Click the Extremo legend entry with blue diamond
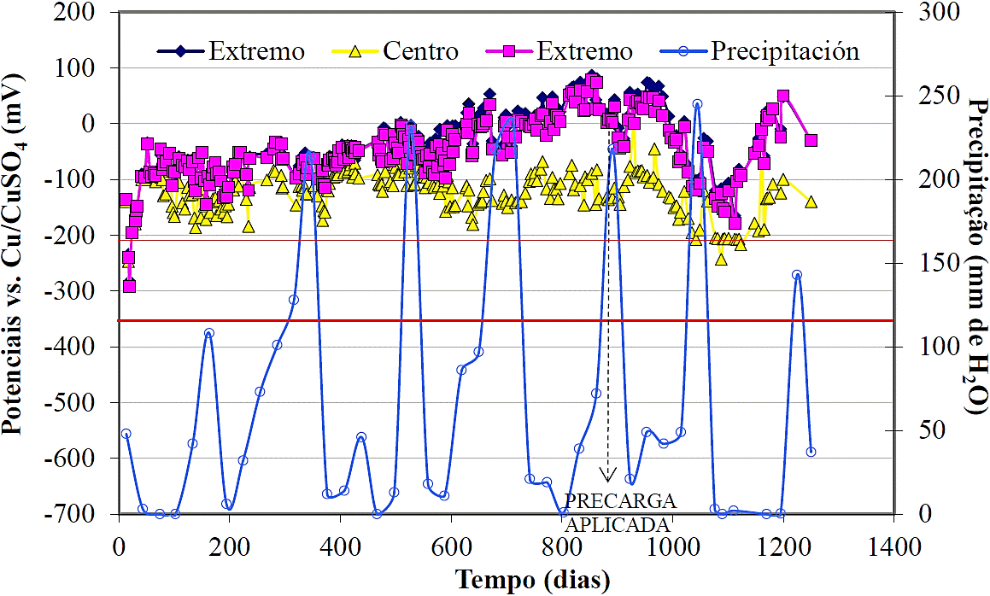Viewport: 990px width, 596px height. click(231, 51)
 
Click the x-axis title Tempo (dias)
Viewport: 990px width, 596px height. click(533, 581)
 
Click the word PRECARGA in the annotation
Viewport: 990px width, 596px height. click(620, 501)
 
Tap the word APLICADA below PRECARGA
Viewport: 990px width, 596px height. click(620, 523)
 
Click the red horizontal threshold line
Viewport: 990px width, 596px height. click(513, 320)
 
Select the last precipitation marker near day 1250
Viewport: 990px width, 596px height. click(811, 452)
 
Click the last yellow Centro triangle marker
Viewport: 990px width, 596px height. click(811, 202)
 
